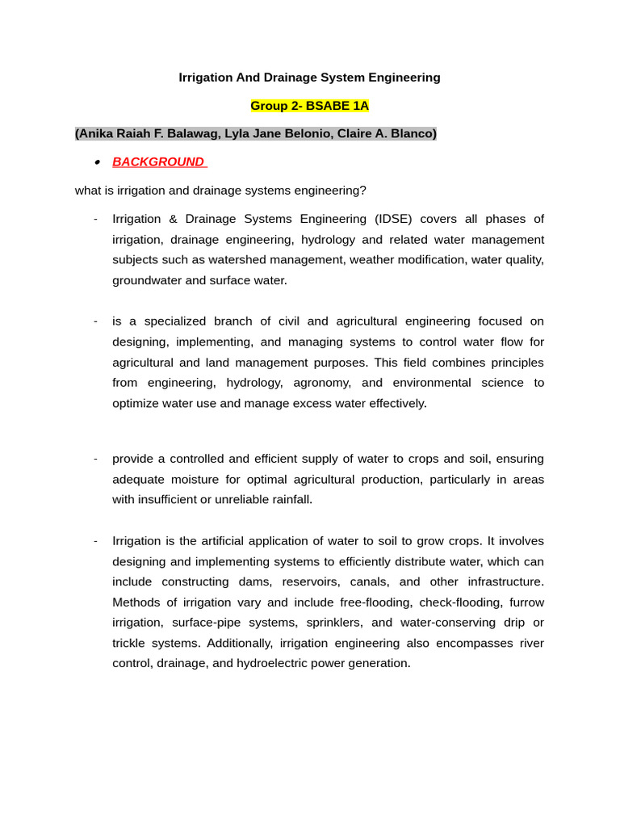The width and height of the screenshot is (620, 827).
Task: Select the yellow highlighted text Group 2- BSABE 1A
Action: tap(309, 106)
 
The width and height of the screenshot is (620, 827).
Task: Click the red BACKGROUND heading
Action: tap(158, 162)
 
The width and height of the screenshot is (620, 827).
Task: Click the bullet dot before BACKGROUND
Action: tap(96, 162)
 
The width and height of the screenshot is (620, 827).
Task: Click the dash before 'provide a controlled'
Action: tap(95, 459)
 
